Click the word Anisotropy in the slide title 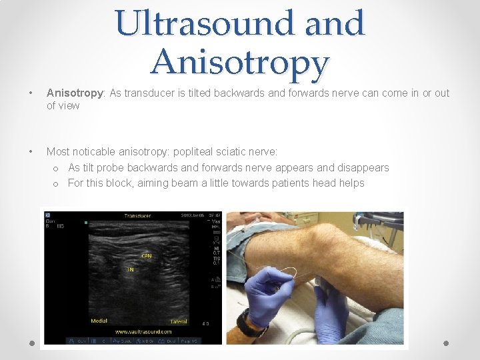click(x=240, y=63)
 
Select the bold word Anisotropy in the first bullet click(x=72, y=93)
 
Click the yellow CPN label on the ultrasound click(x=146, y=255)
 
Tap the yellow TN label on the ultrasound click(x=131, y=270)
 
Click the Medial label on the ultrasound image click(x=99, y=321)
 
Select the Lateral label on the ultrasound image click(x=179, y=321)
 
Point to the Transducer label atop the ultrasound click(x=137, y=216)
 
